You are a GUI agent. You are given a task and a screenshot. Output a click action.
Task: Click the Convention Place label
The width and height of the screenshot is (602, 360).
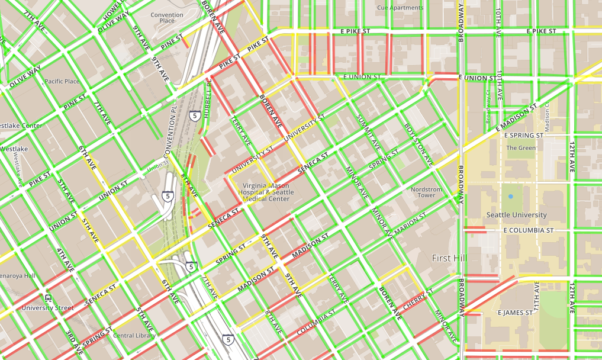coord(167,17)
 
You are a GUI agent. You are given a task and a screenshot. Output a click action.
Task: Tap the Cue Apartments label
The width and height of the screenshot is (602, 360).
coord(400,8)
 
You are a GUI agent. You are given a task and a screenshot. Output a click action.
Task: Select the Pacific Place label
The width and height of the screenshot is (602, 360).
coord(62,81)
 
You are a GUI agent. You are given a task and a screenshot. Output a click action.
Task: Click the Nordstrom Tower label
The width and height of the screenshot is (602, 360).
coord(426,192)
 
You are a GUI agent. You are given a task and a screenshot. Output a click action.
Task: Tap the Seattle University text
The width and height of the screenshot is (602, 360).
coord(516,214)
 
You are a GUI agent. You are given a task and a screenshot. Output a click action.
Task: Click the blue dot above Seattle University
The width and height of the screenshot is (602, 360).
coord(510,196)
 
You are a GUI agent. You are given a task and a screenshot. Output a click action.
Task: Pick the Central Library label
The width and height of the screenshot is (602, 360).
coord(134,336)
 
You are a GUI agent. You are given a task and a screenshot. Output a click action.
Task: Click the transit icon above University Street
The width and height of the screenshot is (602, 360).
coord(47,298)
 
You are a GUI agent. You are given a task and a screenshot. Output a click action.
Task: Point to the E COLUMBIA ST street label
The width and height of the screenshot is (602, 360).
coord(528,230)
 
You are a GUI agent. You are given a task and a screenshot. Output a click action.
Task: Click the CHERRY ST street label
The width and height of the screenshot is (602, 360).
coord(418,298)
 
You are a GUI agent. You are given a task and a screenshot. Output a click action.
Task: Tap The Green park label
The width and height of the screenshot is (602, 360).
coord(520,148)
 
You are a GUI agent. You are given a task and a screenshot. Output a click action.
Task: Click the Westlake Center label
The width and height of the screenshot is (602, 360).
coord(21,126)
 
